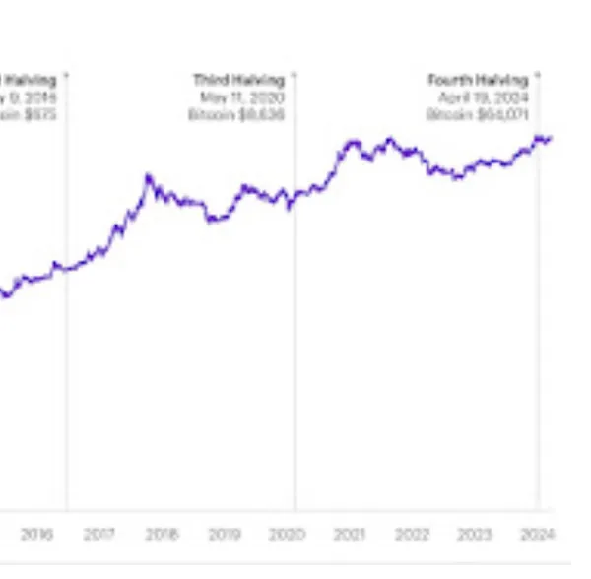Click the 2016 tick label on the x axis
click(36, 535)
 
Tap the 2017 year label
click(98, 535)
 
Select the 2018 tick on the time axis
click(162, 535)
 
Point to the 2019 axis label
click(225, 535)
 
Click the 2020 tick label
click(287, 535)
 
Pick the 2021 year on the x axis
click(350, 535)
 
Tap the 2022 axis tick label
click(413, 535)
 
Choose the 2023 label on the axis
click(475, 535)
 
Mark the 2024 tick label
click(538, 535)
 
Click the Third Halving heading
click(238, 80)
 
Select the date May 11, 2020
click(242, 97)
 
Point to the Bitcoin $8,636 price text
click(236, 115)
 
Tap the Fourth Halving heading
click(478, 80)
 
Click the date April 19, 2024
click(481, 97)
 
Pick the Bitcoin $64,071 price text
click(478, 115)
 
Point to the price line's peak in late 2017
click(148, 177)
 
